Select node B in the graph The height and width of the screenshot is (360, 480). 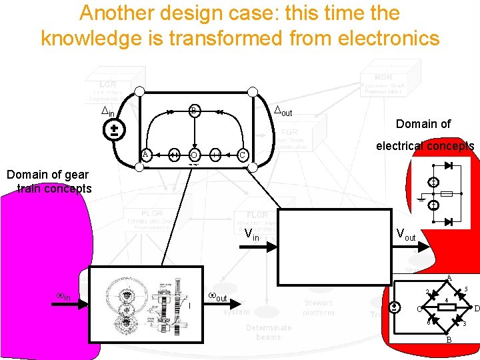coord(193,110)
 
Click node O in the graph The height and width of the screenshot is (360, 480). coord(193,155)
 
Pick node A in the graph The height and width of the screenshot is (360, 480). coord(145,155)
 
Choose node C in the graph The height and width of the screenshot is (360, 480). coord(243,155)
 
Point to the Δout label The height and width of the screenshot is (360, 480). coord(283,111)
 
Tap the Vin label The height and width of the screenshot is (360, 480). coord(252,235)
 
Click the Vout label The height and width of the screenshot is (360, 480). coord(405,235)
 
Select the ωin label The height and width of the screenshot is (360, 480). coord(64,297)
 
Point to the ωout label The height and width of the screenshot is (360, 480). coord(217,297)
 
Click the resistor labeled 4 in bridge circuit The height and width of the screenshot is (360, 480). coord(445,307)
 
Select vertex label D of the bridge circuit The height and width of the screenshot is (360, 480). coord(476,307)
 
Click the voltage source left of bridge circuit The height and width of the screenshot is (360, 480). coord(395,307)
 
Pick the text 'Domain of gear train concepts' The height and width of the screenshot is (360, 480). coord(47,181)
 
